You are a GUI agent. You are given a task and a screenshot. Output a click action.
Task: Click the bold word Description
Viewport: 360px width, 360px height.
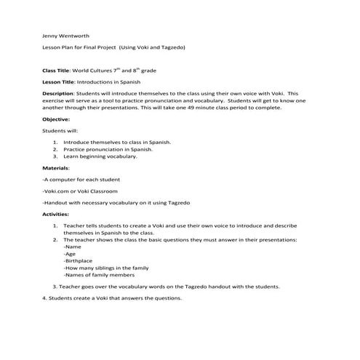(x=58, y=94)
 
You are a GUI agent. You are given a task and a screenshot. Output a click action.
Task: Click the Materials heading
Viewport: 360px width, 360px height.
(x=57, y=167)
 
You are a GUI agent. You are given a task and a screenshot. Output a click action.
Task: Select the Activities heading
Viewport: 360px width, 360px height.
(x=57, y=215)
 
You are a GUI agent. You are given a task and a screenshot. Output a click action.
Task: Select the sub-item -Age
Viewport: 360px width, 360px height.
(x=71, y=254)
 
